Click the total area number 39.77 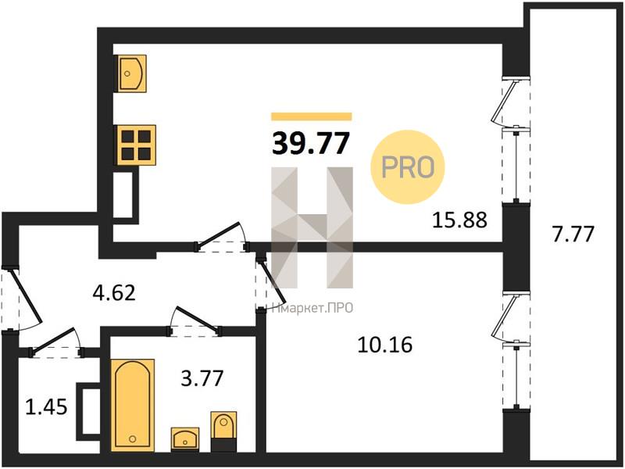click(x=311, y=143)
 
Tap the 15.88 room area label click(x=460, y=220)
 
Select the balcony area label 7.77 click(x=573, y=233)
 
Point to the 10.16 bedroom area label click(x=385, y=345)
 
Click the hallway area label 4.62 click(x=114, y=293)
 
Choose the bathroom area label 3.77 click(x=202, y=378)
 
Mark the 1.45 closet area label click(x=46, y=407)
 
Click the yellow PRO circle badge click(x=407, y=167)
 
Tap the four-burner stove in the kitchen click(x=136, y=145)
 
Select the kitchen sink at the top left click(x=131, y=73)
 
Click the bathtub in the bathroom click(x=132, y=405)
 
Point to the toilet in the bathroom click(x=223, y=431)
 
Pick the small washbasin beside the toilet click(x=185, y=439)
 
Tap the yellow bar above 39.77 click(x=311, y=116)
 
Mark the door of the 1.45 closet click(x=55, y=343)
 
